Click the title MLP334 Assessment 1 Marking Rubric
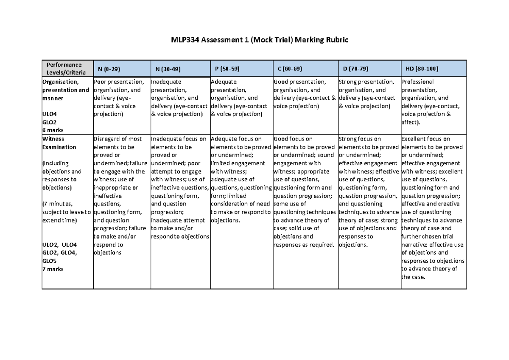[x=254, y=40]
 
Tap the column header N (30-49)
[x=168, y=68]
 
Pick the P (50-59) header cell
[x=227, y=68]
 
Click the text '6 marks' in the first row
[x=53, y=130]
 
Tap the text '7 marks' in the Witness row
[x=53, y=269]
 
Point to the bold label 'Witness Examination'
[x=59, y=143]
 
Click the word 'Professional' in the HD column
[x=417, y=82]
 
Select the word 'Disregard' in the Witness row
[x=107, y=139]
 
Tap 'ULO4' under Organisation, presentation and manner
[x=49, y=114]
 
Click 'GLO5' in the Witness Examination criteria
[x=50, y=261]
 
